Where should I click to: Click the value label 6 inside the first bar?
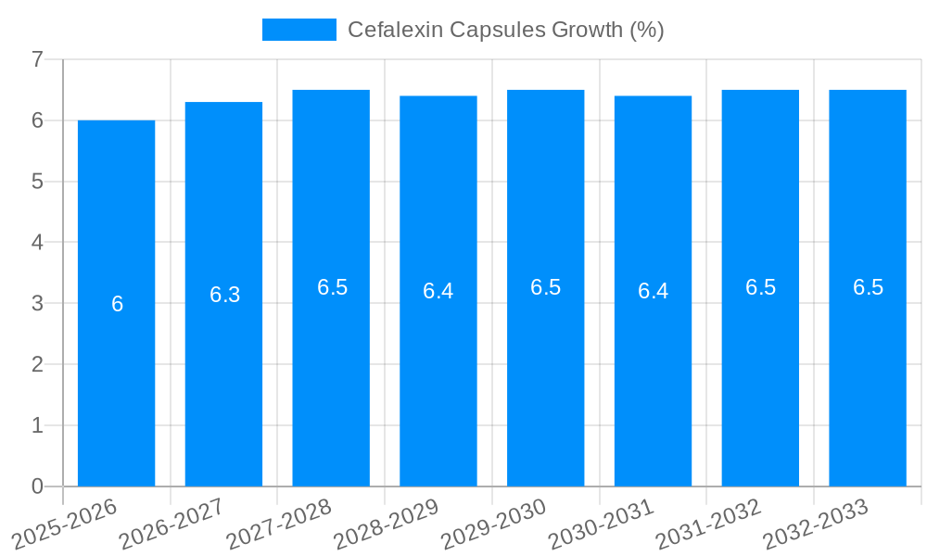coord(117,304)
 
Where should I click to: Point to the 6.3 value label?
coord(224,295)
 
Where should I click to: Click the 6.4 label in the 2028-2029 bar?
coord(438,291)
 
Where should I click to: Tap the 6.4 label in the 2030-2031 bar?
coord(653,291)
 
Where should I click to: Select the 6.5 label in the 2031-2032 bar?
coord(760,287)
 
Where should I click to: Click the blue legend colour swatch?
coord(298,30)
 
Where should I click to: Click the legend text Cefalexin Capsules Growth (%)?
coord(505,30)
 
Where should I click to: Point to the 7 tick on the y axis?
coord(37,59)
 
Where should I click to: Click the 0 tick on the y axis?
coord(37,486)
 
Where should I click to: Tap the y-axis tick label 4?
coord(37,242)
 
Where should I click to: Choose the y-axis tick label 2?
coord(37,364)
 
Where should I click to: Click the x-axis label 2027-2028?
coord(278,524)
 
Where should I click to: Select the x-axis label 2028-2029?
coord(386,524)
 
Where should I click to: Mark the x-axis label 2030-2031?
coord(601,524)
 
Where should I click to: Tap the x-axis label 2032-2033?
coord(816,524)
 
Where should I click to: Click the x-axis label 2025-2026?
coord(63,524)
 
